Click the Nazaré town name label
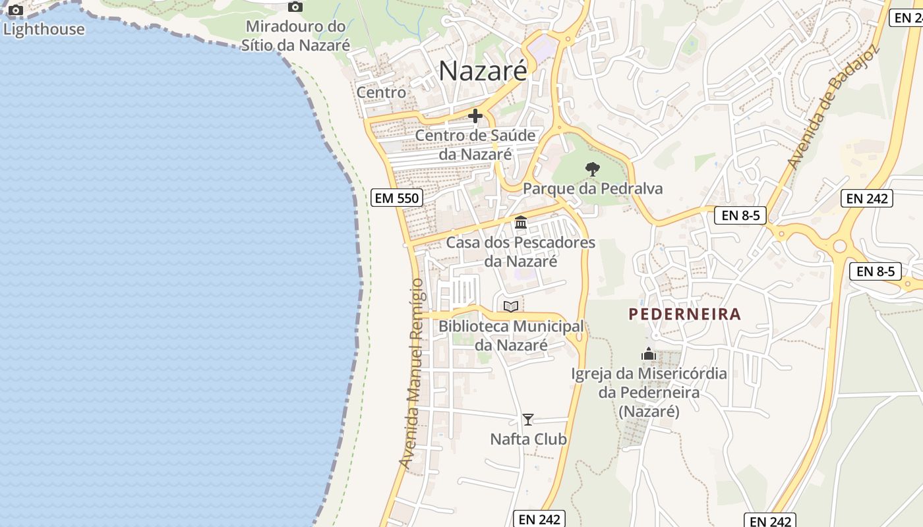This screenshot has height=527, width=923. (x=483, y=70)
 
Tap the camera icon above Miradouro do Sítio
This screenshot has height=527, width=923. (x=295, y=7)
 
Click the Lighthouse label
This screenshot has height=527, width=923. (x=44, y=29)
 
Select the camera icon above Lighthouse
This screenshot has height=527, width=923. (x=16, y=11)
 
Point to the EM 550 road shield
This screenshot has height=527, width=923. (x=396, y=197)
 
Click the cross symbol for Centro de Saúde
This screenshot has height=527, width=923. (x=475, y=116)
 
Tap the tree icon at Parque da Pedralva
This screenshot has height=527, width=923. (x=593, y=169)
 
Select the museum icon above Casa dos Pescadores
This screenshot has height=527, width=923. (x=521, y=222)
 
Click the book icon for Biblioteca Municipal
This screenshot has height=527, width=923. (x=511, y=306)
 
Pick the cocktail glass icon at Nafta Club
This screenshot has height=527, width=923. (x=528, y=419)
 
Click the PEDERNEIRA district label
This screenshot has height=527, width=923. (x=685, y=314)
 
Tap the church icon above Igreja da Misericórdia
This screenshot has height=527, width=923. (x=649, y=354)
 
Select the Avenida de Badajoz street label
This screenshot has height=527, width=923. (x=833, y=107)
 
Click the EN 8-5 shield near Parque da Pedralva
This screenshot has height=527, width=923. (x=740, y=215)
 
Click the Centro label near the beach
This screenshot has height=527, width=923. (x=381, y=92)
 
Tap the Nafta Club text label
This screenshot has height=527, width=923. (x=528, y=439)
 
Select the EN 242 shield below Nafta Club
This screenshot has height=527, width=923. (x=539, y=518)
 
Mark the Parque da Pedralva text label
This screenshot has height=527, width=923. (x=593, y=189)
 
